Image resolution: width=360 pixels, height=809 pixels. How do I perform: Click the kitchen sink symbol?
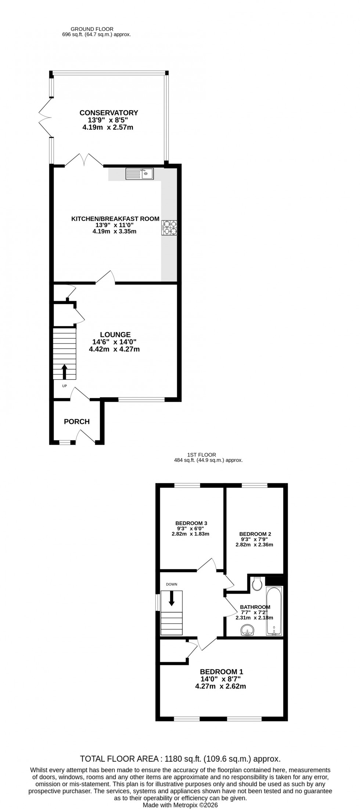(140, 173)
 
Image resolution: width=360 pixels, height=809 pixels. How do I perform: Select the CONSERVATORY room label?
(109, 113)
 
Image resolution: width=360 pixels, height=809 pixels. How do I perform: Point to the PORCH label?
(77, 422)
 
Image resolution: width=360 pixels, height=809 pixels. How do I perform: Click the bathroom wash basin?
(248, 631)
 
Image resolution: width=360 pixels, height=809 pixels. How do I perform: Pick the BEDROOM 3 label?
(191, 523)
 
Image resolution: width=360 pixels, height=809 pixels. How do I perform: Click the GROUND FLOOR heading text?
(92, 29)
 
